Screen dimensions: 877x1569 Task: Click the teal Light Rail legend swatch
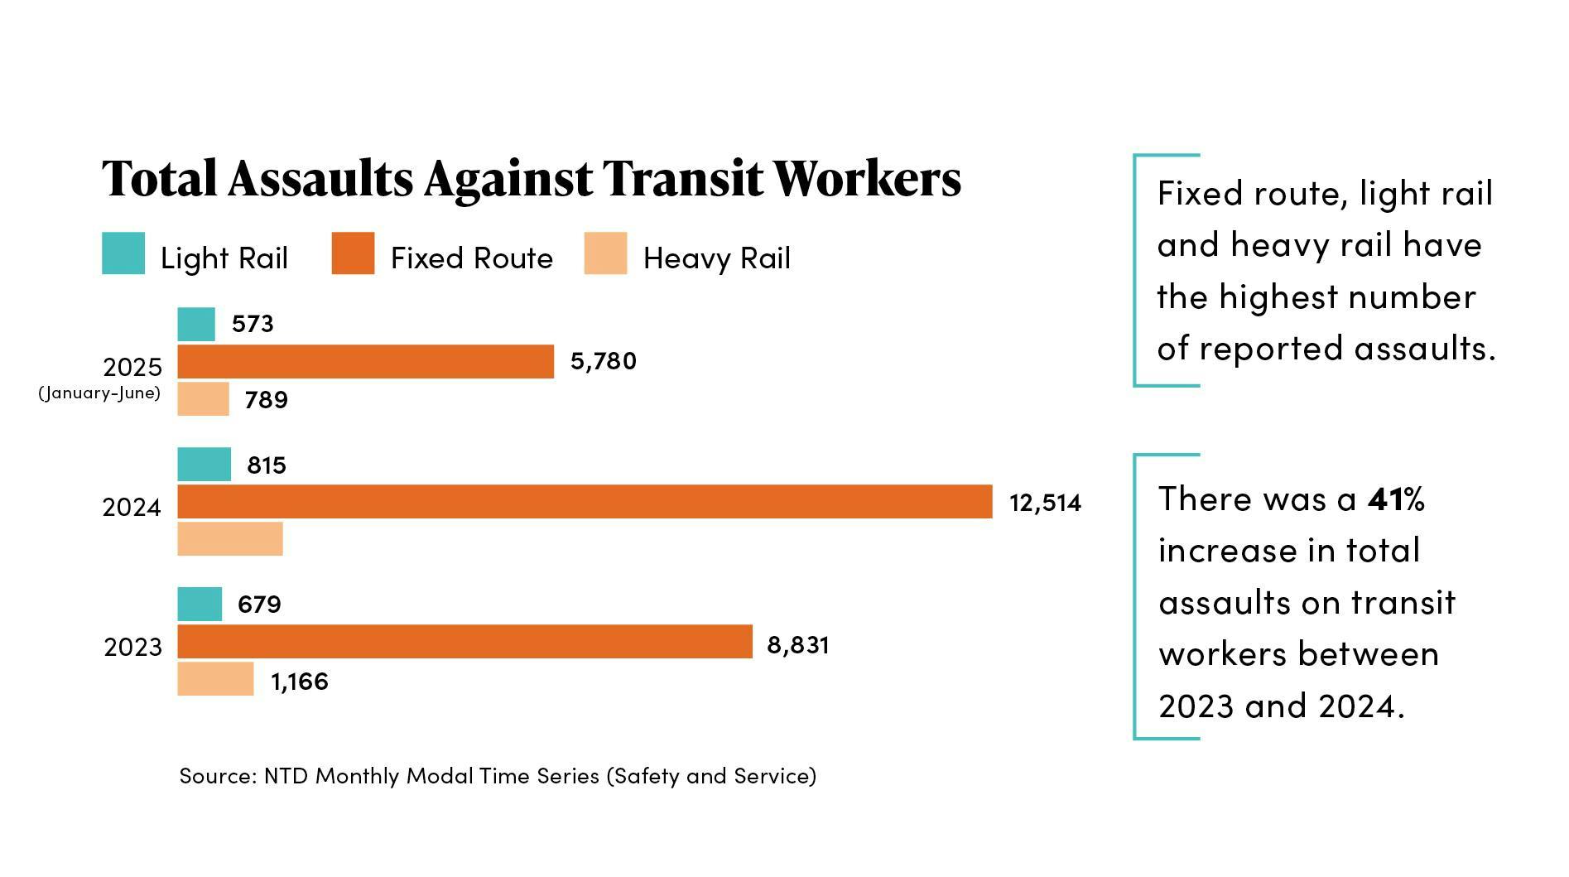click(123, 253)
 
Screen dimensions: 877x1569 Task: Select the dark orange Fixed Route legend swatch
click(353, 253)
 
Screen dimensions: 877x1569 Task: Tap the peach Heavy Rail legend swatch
click(605, 253)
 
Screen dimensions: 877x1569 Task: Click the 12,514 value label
click(1045, 503)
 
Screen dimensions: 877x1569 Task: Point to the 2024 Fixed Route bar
click(585, 502)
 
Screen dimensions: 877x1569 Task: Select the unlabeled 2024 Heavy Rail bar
click(230, 539)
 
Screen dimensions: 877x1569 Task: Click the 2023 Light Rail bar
click(200, 605)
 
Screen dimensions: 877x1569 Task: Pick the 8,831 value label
click(798, 644)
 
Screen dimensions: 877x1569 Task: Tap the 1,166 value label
click(300, 682)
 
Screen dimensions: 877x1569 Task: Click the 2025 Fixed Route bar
click(365, 362)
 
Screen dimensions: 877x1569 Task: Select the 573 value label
click(253, 324)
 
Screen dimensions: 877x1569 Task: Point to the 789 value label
click(267, 400)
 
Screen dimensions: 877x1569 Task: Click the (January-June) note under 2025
click(99, 393)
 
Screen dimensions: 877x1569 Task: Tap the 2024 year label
click(132, 507)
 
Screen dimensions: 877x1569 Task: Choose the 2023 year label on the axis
click(132, 647)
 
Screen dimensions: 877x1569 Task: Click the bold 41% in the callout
click(1396, 499)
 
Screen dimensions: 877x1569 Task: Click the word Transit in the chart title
click(681, 178)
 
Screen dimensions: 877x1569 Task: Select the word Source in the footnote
click(216, 776)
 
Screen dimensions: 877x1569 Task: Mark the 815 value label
click(267, 465)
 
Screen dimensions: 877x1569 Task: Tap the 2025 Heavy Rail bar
click(203, 399)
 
